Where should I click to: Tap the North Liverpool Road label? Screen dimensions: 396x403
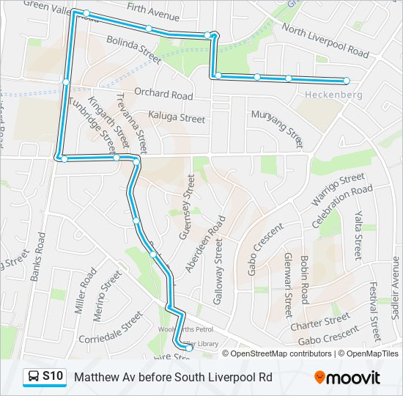coord(325,41)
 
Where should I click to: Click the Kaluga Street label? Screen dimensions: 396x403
coord(177,117)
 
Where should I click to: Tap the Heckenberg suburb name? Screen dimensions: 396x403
coord(333,95)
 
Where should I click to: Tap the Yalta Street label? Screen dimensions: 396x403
coord(358,235)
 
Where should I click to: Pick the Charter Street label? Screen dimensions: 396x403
coord(320,322)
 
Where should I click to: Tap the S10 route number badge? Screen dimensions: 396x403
coord(51,377)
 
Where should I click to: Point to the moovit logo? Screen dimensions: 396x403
coord(347,378)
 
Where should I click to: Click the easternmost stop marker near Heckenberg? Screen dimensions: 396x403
coord(347,81)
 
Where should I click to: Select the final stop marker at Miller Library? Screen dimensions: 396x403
coord(188,348)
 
